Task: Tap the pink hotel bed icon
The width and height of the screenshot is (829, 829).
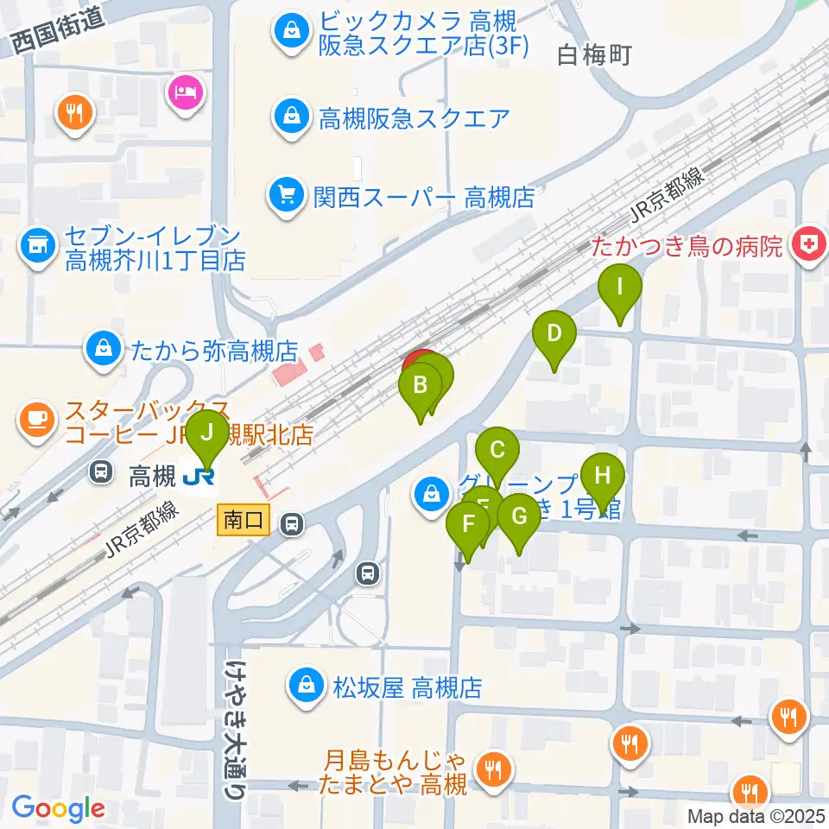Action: (x=187, y=89)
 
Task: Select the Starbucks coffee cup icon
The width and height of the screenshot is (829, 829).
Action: (x=35, y=419)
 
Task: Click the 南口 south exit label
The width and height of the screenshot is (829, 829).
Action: (x=244, y=521)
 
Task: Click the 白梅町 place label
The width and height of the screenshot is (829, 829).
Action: (x=596, y=56)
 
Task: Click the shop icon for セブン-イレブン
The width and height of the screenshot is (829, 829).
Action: (x=35, y=245)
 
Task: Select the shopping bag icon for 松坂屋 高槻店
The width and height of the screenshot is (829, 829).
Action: (x=305, y=687)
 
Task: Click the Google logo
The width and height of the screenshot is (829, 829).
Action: (x=58, y=809)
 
